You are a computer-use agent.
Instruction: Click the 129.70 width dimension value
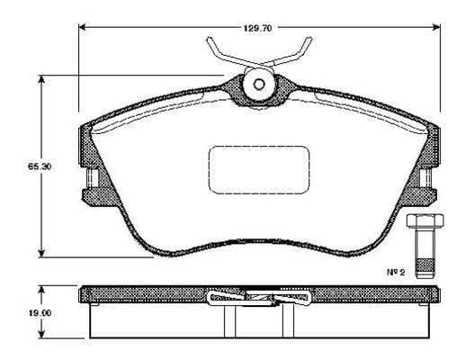tap(258, 28)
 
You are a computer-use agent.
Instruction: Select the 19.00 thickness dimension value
tap(40, 313)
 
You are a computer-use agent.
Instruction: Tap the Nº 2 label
tap(396, 272)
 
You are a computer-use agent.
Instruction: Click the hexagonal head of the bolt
tap(425, 220)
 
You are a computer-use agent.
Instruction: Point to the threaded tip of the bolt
tap(425, 269)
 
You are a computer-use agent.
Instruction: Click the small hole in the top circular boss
tap(259, 85)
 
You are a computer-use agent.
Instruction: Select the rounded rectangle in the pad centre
tap(259, 170)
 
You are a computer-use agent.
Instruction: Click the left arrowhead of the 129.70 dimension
tap(83, 27)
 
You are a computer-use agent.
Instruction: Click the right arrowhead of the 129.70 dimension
tap(436, 27)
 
